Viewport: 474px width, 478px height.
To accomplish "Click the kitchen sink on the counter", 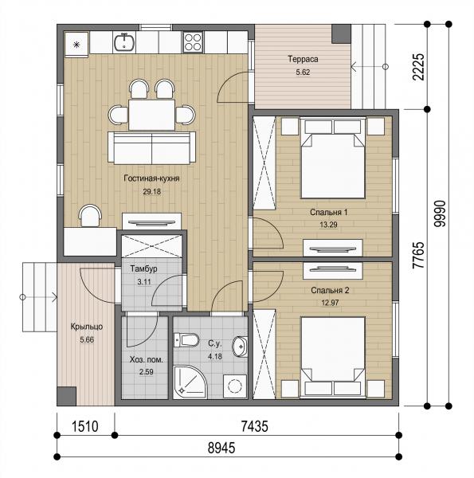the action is (x=124, y=42).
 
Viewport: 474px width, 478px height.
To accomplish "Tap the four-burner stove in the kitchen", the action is (x=193, y=42).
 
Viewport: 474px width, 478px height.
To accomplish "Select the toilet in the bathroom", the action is (x=186, y=340).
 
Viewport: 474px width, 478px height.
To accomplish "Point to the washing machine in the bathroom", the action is (x=235, y=386).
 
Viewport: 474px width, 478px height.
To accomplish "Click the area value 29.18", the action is (x=152, y=192).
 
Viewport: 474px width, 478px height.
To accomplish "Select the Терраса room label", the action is (x=303, y=59).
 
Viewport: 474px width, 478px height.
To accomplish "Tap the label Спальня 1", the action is (x=328, y=212).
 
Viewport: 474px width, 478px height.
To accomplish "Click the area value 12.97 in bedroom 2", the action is (x=330, y=303).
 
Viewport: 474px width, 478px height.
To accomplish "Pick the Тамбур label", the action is (x=144, y=269).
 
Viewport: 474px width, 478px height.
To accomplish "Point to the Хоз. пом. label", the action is (x=147, y=360).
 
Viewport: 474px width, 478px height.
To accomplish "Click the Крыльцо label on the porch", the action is (x=87, y=327).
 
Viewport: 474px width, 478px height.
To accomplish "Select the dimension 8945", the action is (x=221, y=448).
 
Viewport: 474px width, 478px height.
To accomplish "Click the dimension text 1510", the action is (x=85, y=426).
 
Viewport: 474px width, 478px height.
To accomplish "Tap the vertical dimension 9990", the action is (x=441, y=214).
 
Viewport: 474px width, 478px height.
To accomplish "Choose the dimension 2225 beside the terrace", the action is (x=418, y=67).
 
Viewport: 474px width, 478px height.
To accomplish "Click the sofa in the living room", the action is (x=152, y=148).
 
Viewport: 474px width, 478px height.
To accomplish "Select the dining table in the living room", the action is (x=151, y=115).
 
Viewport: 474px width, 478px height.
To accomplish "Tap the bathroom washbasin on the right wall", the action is (x=240, y=347).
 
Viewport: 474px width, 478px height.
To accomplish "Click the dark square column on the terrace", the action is (x=341, y=33).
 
